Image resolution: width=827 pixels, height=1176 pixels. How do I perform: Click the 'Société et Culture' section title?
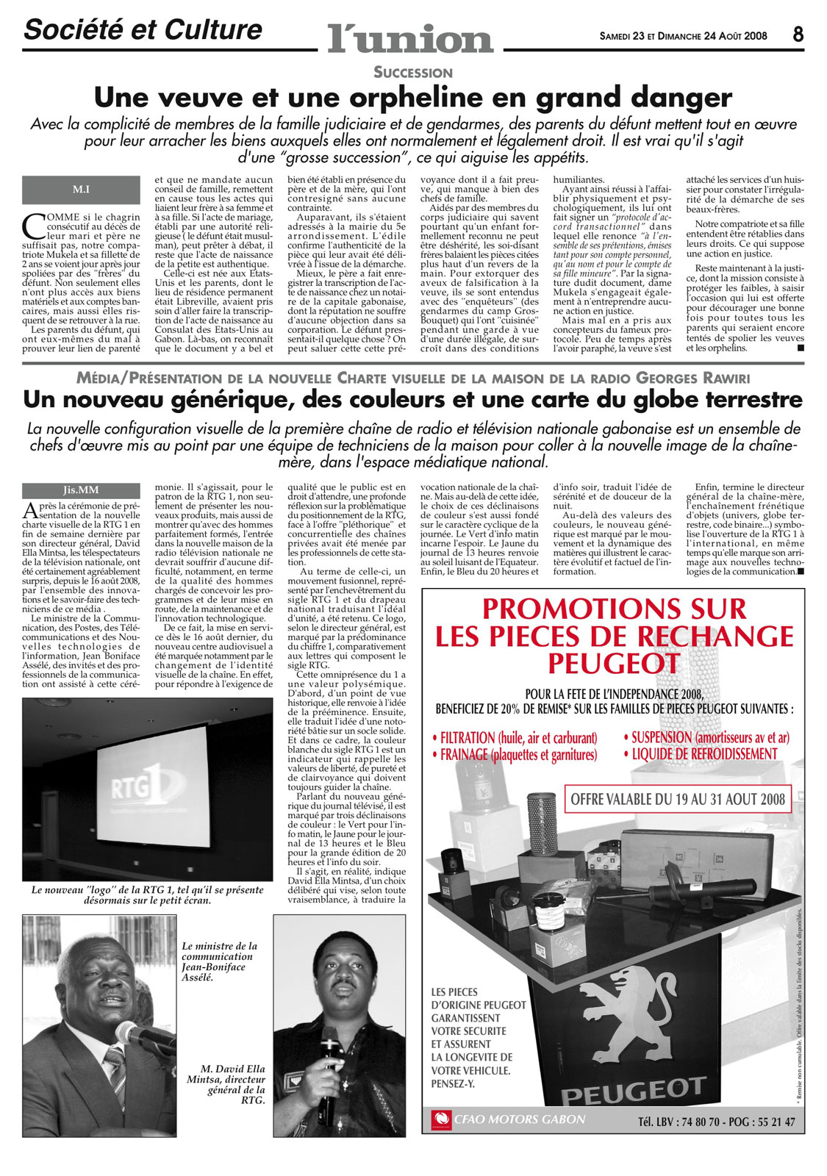pyautogui.click(x=143, y=30)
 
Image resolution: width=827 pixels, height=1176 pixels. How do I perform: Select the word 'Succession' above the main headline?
pyautogui.click(x=412, y=72)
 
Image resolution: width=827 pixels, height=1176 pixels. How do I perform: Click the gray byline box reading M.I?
pyautogui.click(x=81, y=190)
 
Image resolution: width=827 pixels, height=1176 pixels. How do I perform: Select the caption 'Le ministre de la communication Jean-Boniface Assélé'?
pyautogui.click(x=219, y=961)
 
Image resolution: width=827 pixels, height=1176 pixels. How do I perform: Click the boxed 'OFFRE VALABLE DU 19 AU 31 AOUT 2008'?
pyautogui.click(x=678, y=799)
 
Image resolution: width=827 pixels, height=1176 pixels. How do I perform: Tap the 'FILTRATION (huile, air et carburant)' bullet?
pyautogui.click(x=518, y=737)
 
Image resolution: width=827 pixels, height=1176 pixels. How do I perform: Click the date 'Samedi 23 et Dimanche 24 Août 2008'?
pyautogui.click(x=683, y=35)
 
